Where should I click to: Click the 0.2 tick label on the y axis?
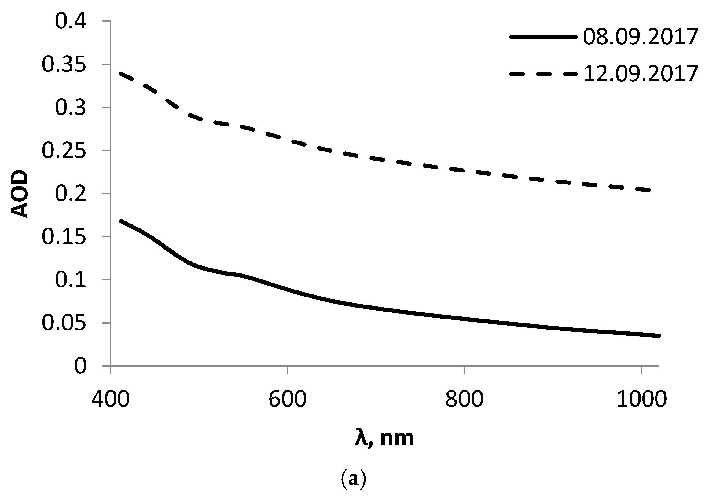coord(70,194)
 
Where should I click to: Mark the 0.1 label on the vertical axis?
coord(70,280)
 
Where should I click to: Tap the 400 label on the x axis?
coord(110,400)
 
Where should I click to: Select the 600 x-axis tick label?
coord(287,400)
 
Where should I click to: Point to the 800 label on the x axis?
coord(464,400)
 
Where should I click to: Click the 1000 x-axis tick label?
coord(641,400)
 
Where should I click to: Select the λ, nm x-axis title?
coord(384,438)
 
